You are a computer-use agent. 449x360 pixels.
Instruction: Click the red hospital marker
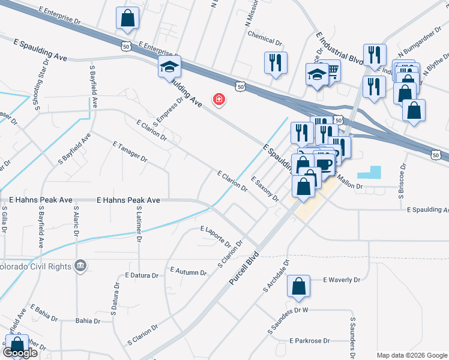(219, 99)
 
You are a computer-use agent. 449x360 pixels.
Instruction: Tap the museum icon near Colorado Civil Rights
(80, 265)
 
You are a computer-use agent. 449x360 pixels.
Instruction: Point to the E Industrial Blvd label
(332, 47)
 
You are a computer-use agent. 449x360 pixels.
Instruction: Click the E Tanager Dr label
(130, 152)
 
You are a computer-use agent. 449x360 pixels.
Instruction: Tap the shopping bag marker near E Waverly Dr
(298, 289)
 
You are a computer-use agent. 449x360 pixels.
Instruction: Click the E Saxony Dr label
(265, 189)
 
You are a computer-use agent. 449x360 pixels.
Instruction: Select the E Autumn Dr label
(188, 272)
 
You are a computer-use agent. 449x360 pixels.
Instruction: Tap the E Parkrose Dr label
(310, 341)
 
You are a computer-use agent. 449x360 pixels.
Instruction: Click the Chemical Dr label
(265, 43)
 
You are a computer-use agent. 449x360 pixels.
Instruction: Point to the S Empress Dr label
(167, 112)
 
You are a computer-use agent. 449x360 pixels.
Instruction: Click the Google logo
(20, 353)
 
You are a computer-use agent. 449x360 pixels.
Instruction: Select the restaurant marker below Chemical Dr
(276, 62)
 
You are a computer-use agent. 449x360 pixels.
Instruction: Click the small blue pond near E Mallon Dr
(369, 172)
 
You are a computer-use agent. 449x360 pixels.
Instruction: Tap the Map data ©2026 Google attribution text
(412, 355)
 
